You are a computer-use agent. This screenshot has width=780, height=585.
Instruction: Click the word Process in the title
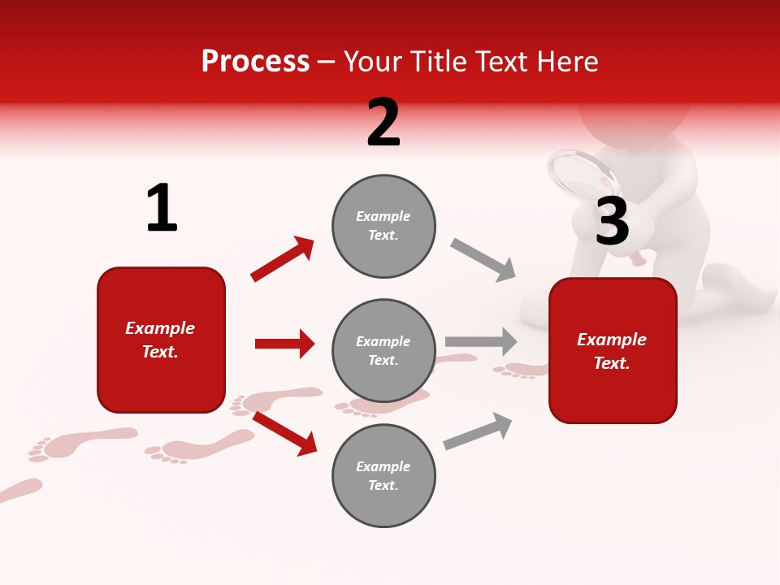point(255,62)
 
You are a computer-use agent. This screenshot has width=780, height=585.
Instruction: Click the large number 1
point(162,208)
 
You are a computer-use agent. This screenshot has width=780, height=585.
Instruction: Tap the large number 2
point(383,123)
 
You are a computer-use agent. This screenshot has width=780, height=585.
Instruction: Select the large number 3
point(612,221)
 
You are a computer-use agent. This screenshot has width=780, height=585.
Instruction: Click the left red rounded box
point(161,340)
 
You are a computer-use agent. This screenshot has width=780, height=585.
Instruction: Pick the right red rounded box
point(613,350)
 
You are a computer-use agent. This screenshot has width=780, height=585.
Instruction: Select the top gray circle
point(383,226)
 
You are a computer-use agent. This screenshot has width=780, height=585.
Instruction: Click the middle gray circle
point(383,350)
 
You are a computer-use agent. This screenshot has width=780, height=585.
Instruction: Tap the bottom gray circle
point(383,475)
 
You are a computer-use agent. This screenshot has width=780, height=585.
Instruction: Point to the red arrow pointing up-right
point(282,259)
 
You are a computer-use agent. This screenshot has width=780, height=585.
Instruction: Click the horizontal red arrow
point(284,344)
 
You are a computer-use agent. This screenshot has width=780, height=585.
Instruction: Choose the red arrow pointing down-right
point(284,433)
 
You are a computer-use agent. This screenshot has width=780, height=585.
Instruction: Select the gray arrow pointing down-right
point(483,260)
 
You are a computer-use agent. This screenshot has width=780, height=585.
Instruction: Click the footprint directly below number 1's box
point(199,447)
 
